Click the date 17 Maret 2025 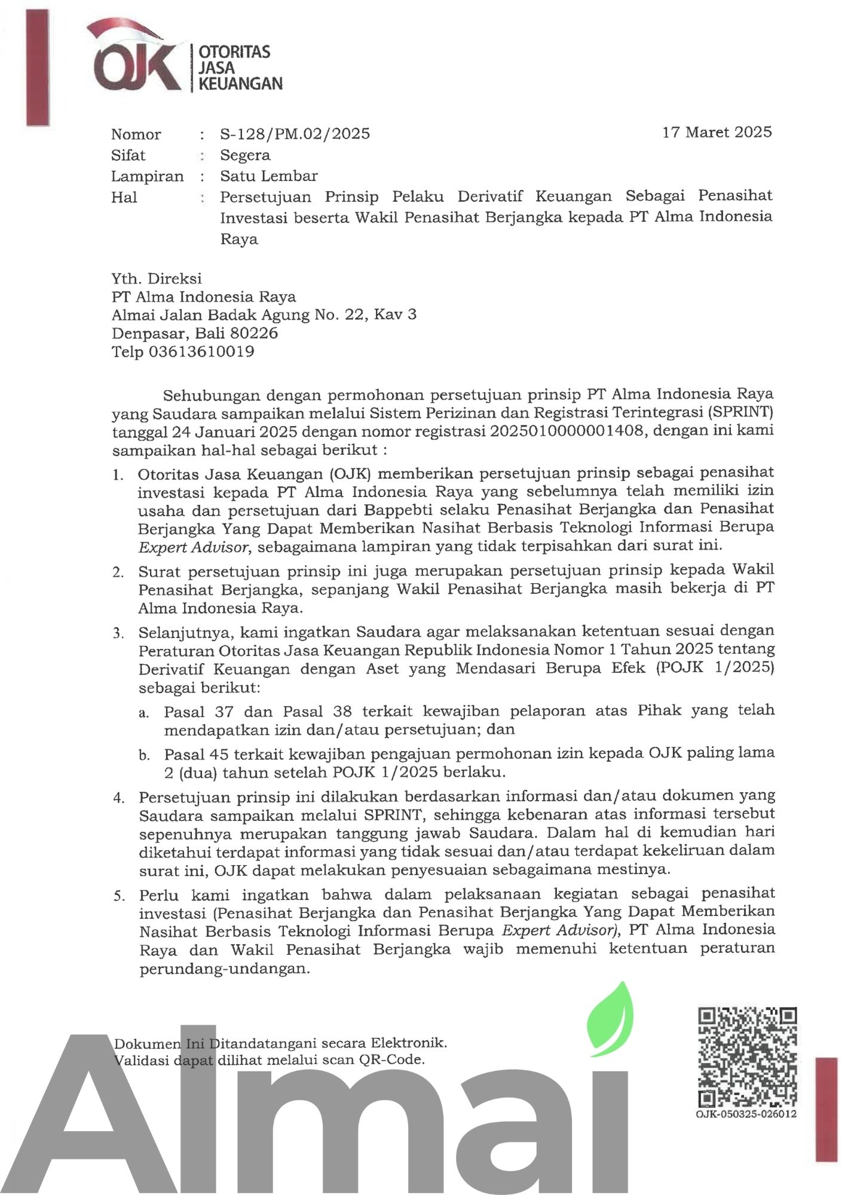coord(717,132)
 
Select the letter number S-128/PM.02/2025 coord(295,133)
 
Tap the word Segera coord(245,155)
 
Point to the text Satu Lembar coord(268,176)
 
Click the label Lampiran coord(147,176)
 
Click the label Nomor coord(136,134)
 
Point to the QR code coord(747,1057)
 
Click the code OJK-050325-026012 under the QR coord(746,1114)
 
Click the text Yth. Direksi coord(156,278)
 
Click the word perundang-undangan coord(224,969)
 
